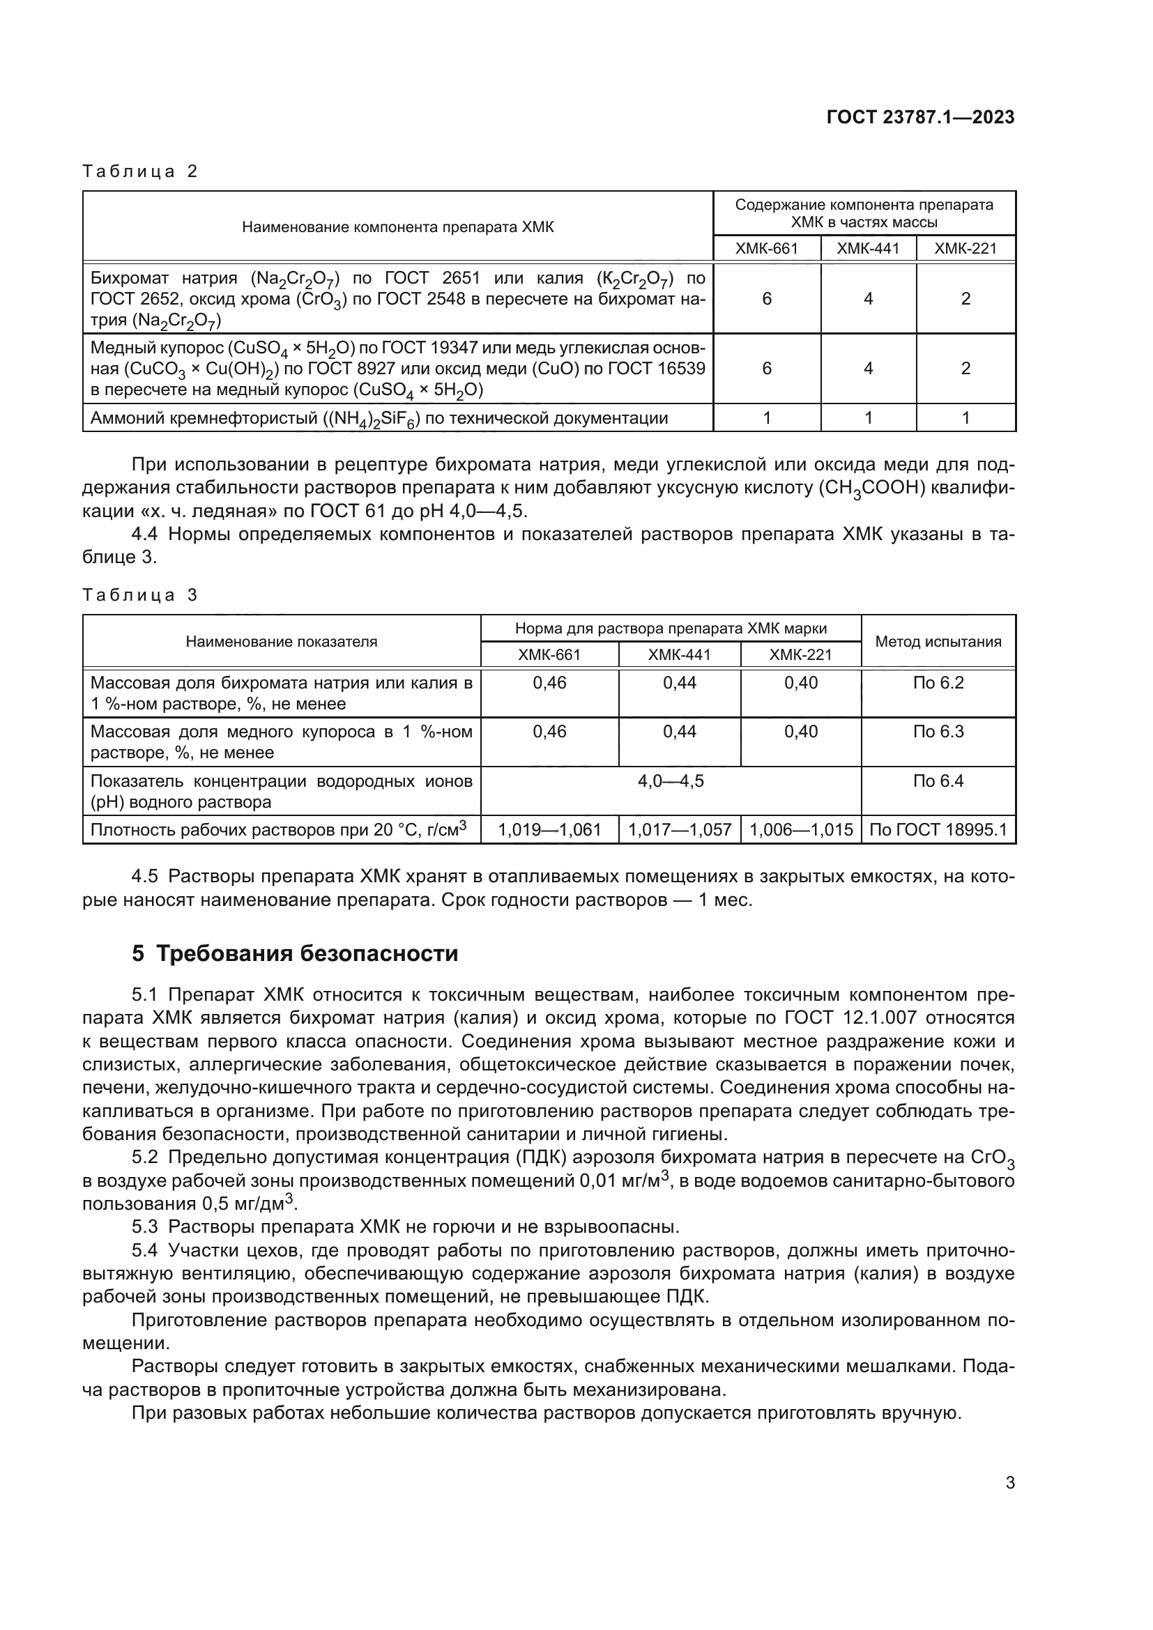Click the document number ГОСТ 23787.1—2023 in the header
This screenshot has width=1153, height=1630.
pyautogui.click(x=920, y=117)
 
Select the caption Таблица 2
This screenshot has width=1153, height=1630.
pyautogui.click(x=140, y=171)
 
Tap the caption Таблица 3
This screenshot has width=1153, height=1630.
pyautogui.click(x=140, y=595)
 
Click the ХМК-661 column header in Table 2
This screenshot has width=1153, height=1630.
pyautogui.click(x=767, y=249)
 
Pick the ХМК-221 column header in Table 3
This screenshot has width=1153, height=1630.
pyautogui.click(x=800, y=654)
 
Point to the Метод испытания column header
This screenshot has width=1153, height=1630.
pyautogui.click(x=938, y=642)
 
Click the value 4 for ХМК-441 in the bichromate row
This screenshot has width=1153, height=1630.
pyautogui.click(x=868, y=299)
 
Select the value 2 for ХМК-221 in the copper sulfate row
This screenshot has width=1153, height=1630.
pyautogui.click(x=965, y=369)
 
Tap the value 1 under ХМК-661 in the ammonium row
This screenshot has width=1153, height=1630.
pyautogui.click(x=767, y=418)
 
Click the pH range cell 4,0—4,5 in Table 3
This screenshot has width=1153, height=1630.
pyautogui.click(x=670, y=782)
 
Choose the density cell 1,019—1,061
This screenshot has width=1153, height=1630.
pyautogui.click(x=549, y=830)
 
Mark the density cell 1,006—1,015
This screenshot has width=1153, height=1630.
pyautogui.click(x=801, y=830)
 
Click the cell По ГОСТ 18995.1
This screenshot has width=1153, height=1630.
pyautogui.click(x=938, y=830)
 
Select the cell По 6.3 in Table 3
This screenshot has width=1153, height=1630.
pyautogui.click(x=938, y=732)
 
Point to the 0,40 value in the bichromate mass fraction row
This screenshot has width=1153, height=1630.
pyautogui.click(x=801, y=683)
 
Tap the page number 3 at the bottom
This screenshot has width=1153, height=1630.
pyautogui.click(x=1009, y=1483)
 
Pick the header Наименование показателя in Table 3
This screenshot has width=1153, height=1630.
pyautogui.click(x=281, y=642)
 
